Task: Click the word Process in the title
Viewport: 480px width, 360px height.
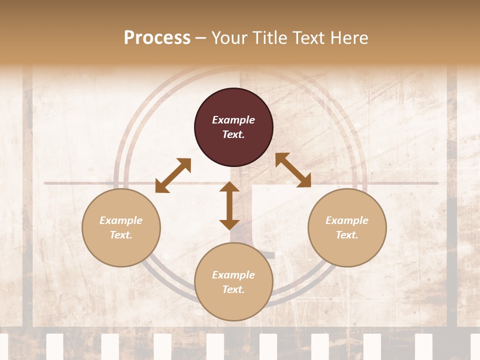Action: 157,38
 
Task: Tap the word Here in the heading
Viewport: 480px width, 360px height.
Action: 349,38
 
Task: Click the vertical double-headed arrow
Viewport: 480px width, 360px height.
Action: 229,205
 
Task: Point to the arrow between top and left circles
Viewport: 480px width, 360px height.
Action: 173,175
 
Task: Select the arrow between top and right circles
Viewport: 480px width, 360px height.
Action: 293,170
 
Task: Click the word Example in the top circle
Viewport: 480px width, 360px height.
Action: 233,120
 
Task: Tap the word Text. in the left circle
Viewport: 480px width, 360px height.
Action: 121,235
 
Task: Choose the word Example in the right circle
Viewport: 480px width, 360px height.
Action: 347,220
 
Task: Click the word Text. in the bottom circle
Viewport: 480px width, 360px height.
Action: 233,289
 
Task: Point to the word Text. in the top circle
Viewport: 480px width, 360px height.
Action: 233,134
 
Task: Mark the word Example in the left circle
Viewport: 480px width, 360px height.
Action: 121,220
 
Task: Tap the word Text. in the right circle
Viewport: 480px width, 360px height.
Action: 347,235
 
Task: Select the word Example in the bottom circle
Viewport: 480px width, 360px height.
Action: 233,275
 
